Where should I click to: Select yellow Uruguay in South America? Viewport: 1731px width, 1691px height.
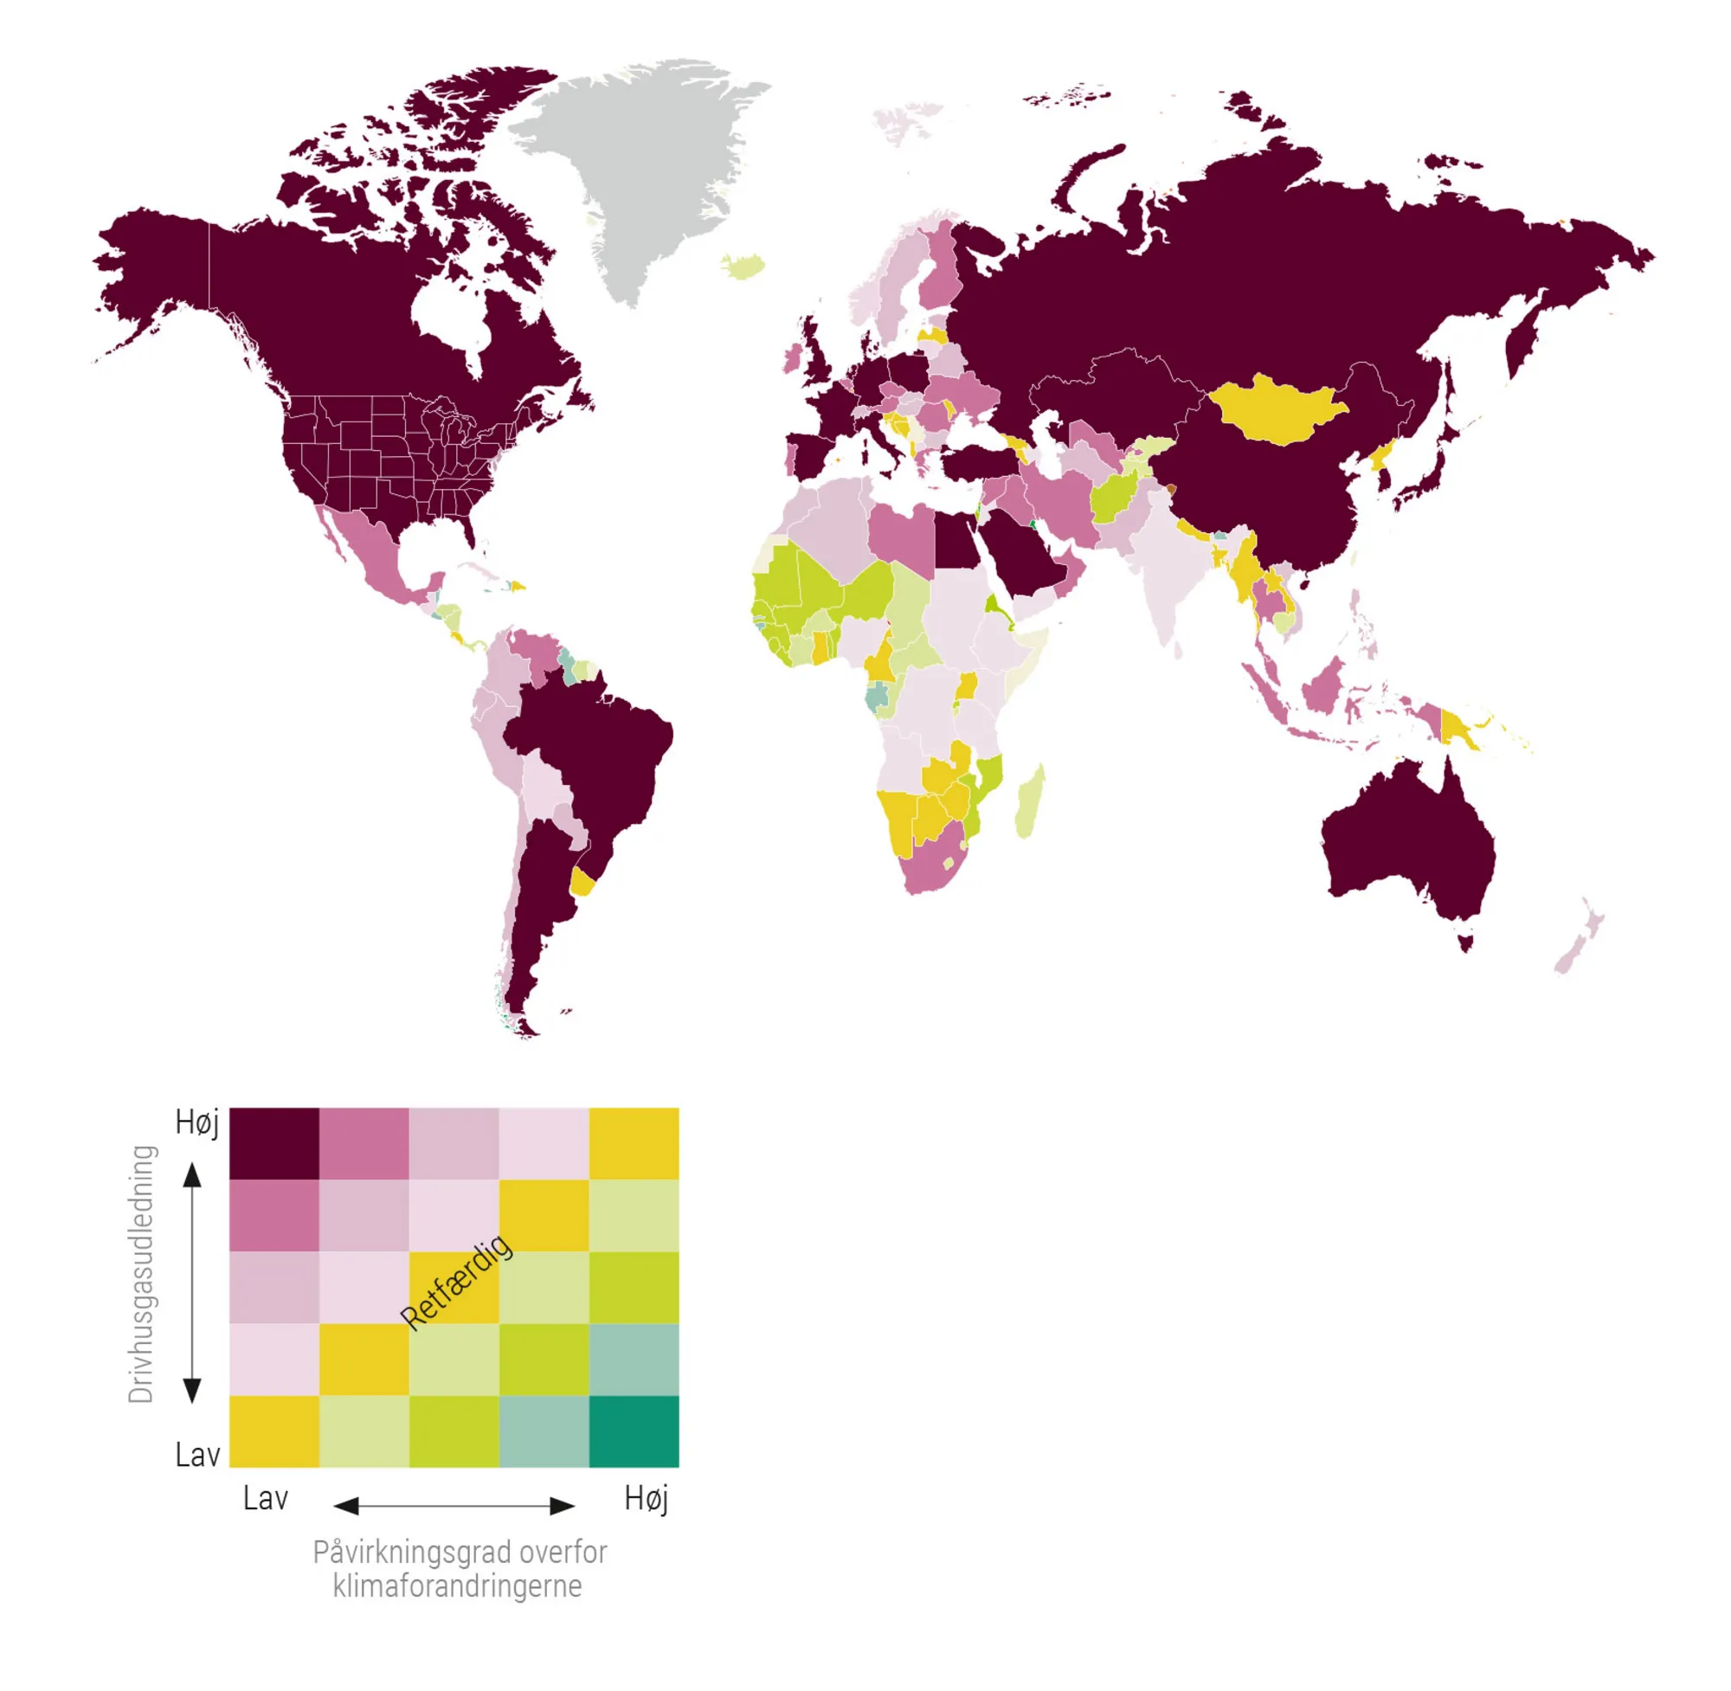[x=582, y=882]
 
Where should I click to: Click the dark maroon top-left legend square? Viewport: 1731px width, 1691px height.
[x=273, y=1143]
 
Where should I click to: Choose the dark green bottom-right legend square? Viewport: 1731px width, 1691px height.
[x=634, y=1431]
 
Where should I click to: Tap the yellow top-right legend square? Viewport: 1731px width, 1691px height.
[x=634, y=1143]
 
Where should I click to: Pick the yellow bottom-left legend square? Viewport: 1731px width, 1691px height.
[x=273, y=1431]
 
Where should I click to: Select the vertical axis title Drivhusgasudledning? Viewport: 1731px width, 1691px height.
[x=142, y=1274]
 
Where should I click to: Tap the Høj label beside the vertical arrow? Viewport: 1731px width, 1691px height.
[x=196, y=1122]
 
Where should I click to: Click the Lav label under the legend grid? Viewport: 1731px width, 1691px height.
[x=266, y=1499]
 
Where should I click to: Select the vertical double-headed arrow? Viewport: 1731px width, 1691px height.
[x=192, y=1283]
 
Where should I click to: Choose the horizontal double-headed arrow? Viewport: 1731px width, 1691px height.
[x=454, y=1506]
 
